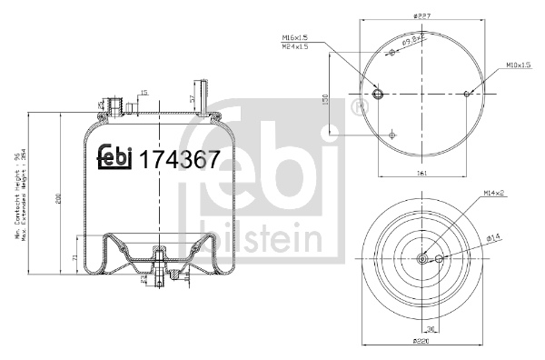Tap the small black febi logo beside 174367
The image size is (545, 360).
[115, 158]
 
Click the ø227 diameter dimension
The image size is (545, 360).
[421, 15]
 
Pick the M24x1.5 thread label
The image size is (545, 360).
[295, 46]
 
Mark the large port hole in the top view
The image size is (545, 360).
[378, 93]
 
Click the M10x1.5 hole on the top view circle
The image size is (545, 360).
[466, 93]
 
